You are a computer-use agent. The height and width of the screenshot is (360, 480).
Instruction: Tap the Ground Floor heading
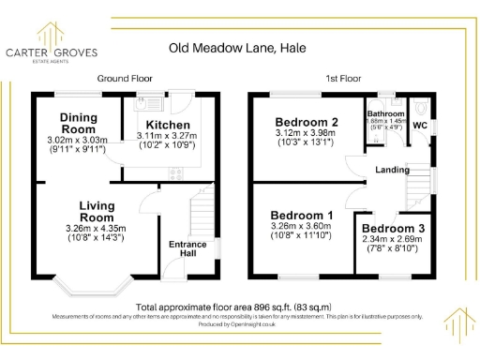125,79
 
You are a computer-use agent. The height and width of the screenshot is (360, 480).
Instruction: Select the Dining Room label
79,122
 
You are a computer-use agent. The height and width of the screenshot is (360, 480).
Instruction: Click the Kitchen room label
168,125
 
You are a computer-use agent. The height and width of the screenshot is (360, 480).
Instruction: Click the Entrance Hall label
187,249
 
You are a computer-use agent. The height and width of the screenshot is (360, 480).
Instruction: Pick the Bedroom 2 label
307,122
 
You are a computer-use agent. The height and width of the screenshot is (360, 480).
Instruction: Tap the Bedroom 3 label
392,229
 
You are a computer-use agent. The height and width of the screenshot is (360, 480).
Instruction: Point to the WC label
420,125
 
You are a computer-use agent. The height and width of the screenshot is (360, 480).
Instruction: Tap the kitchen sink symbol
140,105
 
